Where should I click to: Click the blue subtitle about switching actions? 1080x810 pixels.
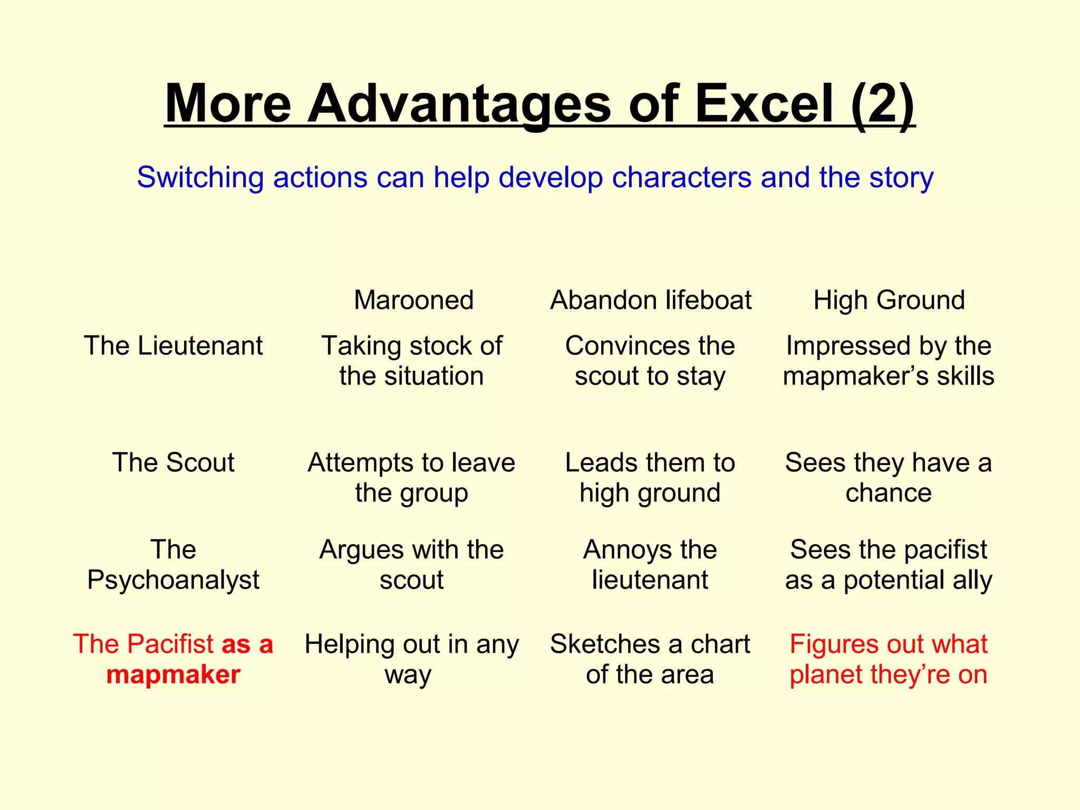click(535, 177)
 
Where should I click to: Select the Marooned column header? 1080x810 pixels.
click(413, 300)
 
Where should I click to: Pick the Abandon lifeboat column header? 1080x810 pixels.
click(651, 300)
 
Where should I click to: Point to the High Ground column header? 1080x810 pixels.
click(889, 300)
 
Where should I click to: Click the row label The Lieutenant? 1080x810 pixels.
click(173, 346)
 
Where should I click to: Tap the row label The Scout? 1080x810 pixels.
click(173, 462)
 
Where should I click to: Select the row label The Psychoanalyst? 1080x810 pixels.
click(173, 565)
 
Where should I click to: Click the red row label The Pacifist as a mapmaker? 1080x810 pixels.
click(173, 659)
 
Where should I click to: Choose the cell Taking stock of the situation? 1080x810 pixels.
click(412, 361)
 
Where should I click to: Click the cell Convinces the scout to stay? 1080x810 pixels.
click(650, 361)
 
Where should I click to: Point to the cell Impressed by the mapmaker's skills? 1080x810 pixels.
click(889, 361)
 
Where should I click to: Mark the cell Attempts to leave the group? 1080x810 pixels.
click(412, 478)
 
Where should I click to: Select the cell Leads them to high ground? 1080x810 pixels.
click(650, 478)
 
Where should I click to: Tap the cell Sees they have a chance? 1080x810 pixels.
click(889, 478)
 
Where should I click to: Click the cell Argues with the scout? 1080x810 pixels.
click(412, 565)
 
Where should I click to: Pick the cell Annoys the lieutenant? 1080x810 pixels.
click(650, 565)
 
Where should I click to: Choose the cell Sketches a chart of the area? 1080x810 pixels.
click(650, 659)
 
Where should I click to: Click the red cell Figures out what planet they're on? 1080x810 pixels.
click(889, 659)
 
